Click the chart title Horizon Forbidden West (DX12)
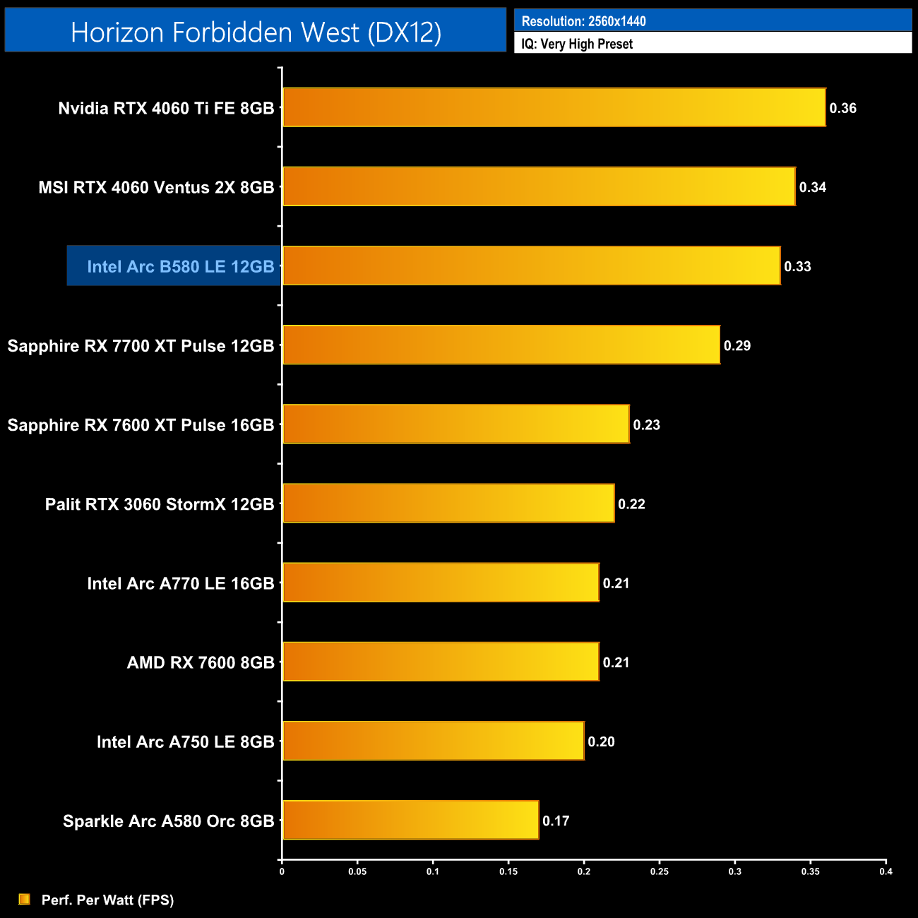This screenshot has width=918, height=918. pyautogui.click(x=256, y=32)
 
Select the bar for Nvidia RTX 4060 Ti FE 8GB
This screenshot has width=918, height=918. pyautogui.click(x=554, y=107)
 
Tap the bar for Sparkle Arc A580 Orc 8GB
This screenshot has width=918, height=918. pyautogui.click(x=410, y=820)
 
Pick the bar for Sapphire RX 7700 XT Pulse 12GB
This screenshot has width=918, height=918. pyautogui.click(x=501, y=345)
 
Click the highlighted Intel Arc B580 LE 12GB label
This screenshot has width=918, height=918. pyautogui.click(x=180, y=267)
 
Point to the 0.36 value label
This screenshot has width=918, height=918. pyautogui.click(x=842, y=108)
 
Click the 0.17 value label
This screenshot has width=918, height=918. pyautogui.click(x=556, y=821)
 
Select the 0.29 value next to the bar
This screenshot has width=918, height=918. pyautogui.click(x=737, y=345)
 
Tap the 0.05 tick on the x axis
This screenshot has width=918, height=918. pyautogui.click(x=357, y=871)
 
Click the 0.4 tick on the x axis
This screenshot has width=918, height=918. pyautogui.click(x=886, y=871)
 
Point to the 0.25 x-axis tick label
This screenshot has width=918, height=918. pyautogui.click(x=660, y=871)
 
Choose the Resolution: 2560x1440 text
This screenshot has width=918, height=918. pyautogui.click(x=583, y=21)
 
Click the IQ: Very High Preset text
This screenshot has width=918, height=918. pyautogui.click(x=577, y=44)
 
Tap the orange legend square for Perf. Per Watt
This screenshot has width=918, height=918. pyautogui.click(x=25, y=899)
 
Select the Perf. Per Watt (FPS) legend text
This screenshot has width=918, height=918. pyautogui.click(x=107, y=900)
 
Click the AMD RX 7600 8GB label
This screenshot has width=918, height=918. pyautogui.click(x=201, y=662)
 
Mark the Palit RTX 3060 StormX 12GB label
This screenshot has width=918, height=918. pyautogui.click(x=160, y=504)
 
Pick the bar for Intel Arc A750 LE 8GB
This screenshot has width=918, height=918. pyautogui.click(x=434, y=741)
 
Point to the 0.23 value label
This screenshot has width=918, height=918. pyautogui.click(x=646, y=424)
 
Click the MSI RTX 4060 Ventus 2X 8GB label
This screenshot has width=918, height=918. pyautogui.click(x=156, y=187)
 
